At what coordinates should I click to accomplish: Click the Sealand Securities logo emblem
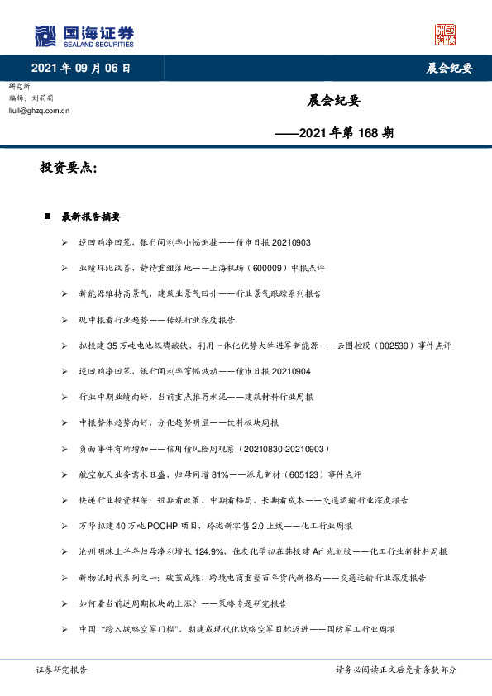coord(45,36)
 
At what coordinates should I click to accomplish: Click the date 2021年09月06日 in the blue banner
coord(80,68)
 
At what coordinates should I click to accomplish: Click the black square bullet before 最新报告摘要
coord(47,217)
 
